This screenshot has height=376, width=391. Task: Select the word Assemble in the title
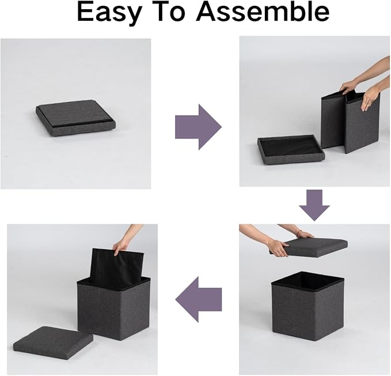pos(263,12)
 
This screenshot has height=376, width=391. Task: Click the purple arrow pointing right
pos(198,127)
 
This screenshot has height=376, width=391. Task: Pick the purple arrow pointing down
pos(314,205)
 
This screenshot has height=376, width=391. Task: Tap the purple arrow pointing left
pos(199,299)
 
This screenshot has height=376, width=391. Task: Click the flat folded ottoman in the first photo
pos(77,118)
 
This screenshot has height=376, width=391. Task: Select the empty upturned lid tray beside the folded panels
pos(289,149)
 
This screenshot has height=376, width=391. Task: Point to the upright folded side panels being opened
pos(350,122)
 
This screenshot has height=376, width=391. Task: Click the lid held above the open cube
pos(309,247)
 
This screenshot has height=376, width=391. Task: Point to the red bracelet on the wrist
pos(300,232)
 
